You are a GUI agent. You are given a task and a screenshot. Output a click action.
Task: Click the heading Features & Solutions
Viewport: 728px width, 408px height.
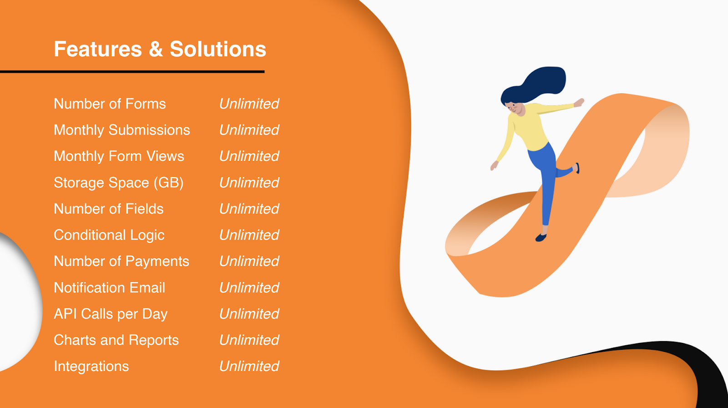click(160, 50)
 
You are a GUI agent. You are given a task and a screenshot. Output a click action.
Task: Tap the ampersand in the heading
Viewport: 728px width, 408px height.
click(156, 50)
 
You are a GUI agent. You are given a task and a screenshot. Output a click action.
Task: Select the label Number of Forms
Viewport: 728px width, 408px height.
click(110, 104)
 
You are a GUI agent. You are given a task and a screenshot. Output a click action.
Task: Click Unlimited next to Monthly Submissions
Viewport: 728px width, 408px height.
click(249, 130)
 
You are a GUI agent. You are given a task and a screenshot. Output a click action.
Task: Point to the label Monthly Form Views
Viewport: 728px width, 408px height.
click(119, 156)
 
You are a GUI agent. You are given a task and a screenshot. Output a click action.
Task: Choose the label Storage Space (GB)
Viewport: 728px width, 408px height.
click(119, 182)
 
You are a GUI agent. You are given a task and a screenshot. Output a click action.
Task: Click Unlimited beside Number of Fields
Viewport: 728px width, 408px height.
click(249, 209)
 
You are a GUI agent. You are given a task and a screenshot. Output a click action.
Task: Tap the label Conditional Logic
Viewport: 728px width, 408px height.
click(109, 235)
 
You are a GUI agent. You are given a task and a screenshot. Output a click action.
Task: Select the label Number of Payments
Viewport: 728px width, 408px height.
click(121, 262)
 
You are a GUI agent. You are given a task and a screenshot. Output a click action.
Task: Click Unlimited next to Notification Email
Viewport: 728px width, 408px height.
click(249, 288)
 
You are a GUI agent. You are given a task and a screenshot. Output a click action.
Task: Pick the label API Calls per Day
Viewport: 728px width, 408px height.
click(111, 314)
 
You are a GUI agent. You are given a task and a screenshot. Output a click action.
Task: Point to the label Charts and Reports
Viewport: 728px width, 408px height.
click(116, 340)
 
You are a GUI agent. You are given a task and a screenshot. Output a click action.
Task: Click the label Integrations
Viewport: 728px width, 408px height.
click(91, 367)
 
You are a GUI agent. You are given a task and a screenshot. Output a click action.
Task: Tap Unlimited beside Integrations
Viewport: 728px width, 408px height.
click(249, 367)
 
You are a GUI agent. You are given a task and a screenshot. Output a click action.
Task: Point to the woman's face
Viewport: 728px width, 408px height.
click(516, 108)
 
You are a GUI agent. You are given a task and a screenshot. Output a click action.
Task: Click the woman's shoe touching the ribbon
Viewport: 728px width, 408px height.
click(541, 238)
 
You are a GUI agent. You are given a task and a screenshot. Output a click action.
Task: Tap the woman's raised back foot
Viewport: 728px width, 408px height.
click(577, 168)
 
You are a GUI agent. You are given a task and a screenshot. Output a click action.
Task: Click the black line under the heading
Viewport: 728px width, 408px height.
click(132, 71)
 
